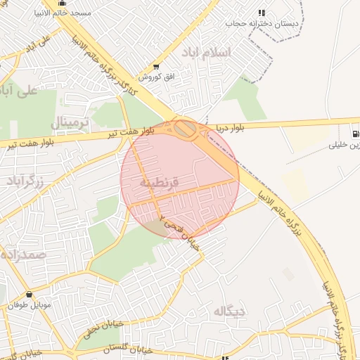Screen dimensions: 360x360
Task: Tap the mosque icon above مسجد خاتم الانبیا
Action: point(62,3)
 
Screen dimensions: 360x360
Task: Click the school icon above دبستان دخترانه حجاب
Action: point(262,13)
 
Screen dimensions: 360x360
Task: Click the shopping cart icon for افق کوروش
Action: point(156,67)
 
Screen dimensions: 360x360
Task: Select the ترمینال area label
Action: point(71,124)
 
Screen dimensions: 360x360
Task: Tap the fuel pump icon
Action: point(356,134)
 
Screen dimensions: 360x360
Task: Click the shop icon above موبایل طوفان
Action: point(29,295)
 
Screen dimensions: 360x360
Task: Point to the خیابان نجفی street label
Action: point(103,327)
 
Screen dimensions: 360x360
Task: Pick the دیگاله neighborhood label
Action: point(230,310)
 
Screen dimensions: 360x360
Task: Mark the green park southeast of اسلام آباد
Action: point(247,98)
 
